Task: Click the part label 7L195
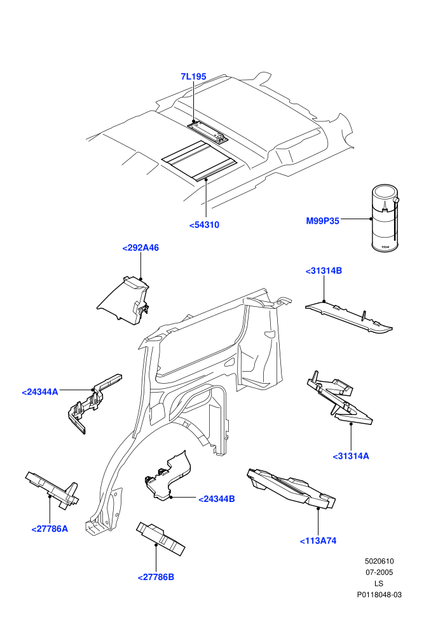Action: (x=193, y=77)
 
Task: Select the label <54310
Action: (x=204, y=225)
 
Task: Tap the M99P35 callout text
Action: (x=322, y=221)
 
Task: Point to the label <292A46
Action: (x=140, y=248)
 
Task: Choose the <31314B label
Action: (x=324, y=271)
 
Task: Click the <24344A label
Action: (x=39, y=392)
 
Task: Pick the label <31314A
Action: (x=351, y=456)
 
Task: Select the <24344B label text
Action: (x=217, y=499)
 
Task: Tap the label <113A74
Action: (x=318, y=541)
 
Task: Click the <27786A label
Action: (x=50, y=529)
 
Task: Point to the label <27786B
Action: (x=156, y=578)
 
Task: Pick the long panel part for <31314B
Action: (x=349, y=317)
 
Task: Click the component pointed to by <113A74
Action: (x=291, y=487)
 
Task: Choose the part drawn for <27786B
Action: (x=160, y=538)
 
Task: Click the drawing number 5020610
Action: (x=379, y=561)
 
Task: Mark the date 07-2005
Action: (x=379, y=572)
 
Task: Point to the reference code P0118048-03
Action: (x=379, y=595)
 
